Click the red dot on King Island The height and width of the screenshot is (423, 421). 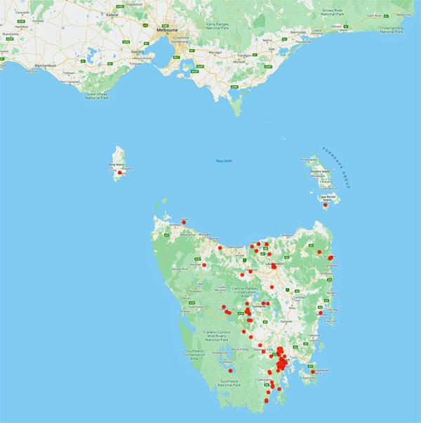(121, 173)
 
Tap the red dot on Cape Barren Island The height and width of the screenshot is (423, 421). (325, 205)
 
